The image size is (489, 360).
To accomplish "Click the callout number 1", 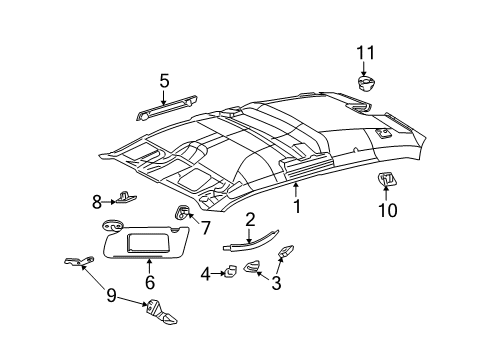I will click(x=297, y=207).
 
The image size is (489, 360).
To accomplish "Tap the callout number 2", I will click(x=251, y=219).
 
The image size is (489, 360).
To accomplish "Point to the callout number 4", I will click(x=204, y=272).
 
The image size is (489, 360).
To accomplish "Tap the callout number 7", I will click(x=205, y=229).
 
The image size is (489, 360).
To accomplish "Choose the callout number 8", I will click(x=98, y=202).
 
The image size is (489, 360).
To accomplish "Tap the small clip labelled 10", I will click(x=385, y=180).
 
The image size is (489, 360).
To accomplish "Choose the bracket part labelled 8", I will click(x=124, y=198).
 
